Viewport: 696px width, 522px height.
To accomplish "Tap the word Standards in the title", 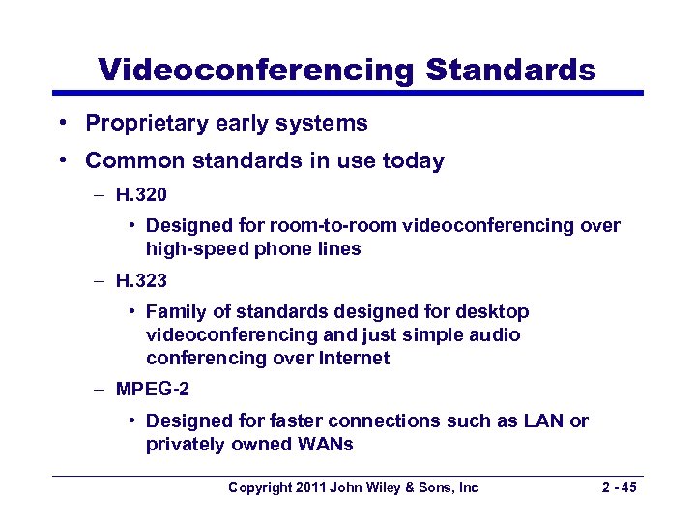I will [x=511, y=70].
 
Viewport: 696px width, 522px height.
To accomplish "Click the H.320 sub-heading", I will [x=141, y=194].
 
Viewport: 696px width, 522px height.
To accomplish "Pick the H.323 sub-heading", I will [x=141, y=280].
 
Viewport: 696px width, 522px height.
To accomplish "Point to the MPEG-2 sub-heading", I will [x=153, y=390].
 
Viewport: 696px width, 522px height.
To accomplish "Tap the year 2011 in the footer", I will [x=310, y=487].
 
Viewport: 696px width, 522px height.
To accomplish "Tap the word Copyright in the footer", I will [x=259, y=487].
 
